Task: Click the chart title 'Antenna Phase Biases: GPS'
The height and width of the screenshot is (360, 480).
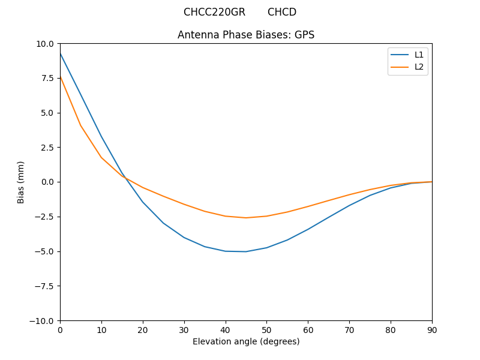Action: pyautogui.click(x=245, y=35)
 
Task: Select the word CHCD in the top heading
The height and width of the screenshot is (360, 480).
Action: pyautogui.click(x=282, y=12)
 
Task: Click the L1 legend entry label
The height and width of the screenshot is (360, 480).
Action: pyautogui.click(x=419, y=55)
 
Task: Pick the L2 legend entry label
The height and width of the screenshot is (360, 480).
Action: pyautogui.click(x=419, y=67)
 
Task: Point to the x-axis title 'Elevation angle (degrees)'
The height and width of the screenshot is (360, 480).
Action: pyautogui.click(x=246, y=341)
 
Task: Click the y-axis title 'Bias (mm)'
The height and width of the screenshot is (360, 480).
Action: pyautogui.click(x=21, y=182)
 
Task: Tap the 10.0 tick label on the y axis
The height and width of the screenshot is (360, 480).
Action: pyautogui.click(x=46, y=44)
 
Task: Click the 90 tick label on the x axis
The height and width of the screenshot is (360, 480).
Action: pyautogui.click(x=432, y=329)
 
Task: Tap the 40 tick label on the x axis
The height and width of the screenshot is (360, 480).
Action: pyautogui.click(x=226, y=329)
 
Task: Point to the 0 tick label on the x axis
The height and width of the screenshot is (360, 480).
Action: pyautogui.click(x=60, y=329)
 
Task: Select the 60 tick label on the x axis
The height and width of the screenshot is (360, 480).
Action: pyautogui.click(x=308, y=329)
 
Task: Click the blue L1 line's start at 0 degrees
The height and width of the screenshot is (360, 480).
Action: pyautogui.click(x=61, y=54)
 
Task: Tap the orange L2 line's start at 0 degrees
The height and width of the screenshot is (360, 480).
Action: pyautogui.click(x=61, y=77)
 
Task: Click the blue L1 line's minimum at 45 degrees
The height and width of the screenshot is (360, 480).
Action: pyautogui.click(x=246, y=251)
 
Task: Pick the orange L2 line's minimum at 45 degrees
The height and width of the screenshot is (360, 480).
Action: pyautogui.click(x=246, y=218)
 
